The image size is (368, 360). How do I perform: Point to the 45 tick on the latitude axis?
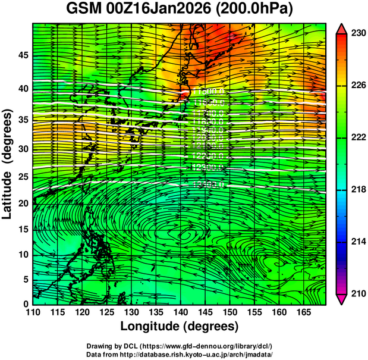pos(22,55)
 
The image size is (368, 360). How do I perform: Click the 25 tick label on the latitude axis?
pos(22,177)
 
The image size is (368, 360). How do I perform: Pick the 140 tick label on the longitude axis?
pos(180,312)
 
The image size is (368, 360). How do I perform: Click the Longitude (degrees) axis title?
pos(180,326)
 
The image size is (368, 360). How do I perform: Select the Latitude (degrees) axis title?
pos(8,164)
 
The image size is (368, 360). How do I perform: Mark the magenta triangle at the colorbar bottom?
pos(342,299)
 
